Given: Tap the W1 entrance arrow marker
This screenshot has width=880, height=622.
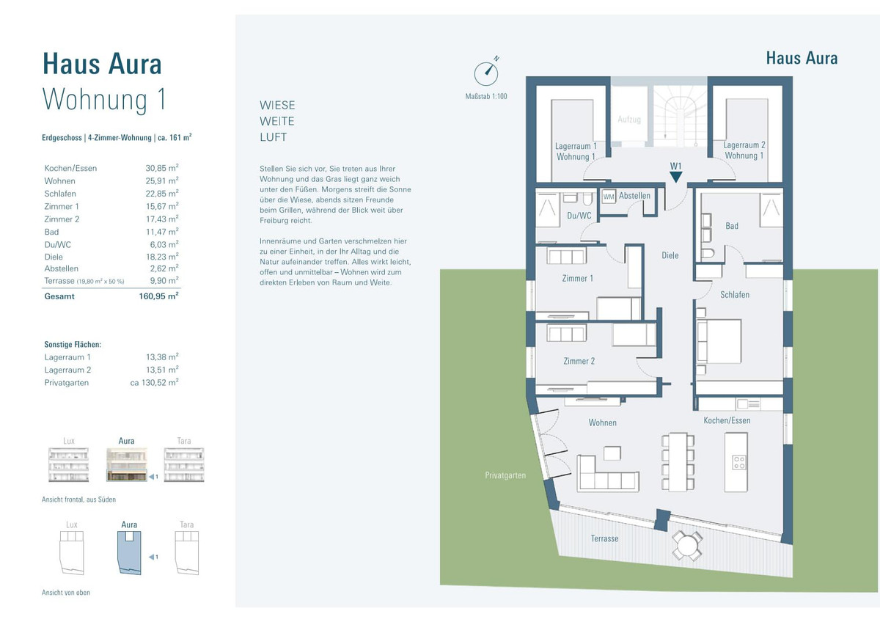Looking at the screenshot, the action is pyautogui.click(x=675, y=177).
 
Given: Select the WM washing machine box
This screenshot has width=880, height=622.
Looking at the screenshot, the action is pyautogui.click(x=609, y=197).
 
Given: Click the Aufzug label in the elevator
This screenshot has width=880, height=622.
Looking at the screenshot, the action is pyautogui.click(x=629, y=119).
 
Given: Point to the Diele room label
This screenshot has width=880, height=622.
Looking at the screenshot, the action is pyautogui.click(x=670, y=255).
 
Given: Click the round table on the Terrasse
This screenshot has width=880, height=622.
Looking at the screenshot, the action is pyautogui.click(x=686, y=546).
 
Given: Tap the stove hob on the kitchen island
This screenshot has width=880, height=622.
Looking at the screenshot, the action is pyautogui.click(x=739, y=463).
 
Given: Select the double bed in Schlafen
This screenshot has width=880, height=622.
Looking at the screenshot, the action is pyautogui.click(x=719, y=342).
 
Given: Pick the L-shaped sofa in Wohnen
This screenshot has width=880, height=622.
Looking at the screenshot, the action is pyautogui.click(x=607, y=474).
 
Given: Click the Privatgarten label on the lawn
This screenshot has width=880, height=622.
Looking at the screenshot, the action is pyautogui.click(x=505, y=475).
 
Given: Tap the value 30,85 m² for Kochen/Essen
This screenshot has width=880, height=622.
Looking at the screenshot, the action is pyautogui.click(x=162, y=168).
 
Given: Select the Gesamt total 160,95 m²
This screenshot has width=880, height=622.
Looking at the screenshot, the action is pyautogui.click(x=158, y=296).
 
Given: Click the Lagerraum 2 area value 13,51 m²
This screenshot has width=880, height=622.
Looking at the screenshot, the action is pyautogui.click(x=162, y=370).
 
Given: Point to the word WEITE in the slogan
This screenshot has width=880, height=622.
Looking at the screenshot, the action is pyautogui.click(x=277, y=121).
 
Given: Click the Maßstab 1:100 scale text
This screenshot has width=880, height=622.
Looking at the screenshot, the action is pyautogui.click(x=486, y=96).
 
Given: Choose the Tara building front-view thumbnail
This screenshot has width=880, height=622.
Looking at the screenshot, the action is pyautogui.click(x=184, y=464).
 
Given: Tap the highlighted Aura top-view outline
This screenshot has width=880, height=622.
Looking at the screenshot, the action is pyautogui.click(x=129, y=553).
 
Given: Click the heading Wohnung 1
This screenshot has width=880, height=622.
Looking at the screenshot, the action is pyautogui.click(x=104, y=100).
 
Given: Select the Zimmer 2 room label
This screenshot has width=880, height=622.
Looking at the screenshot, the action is pyautogui.click(x=579, y=361).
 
